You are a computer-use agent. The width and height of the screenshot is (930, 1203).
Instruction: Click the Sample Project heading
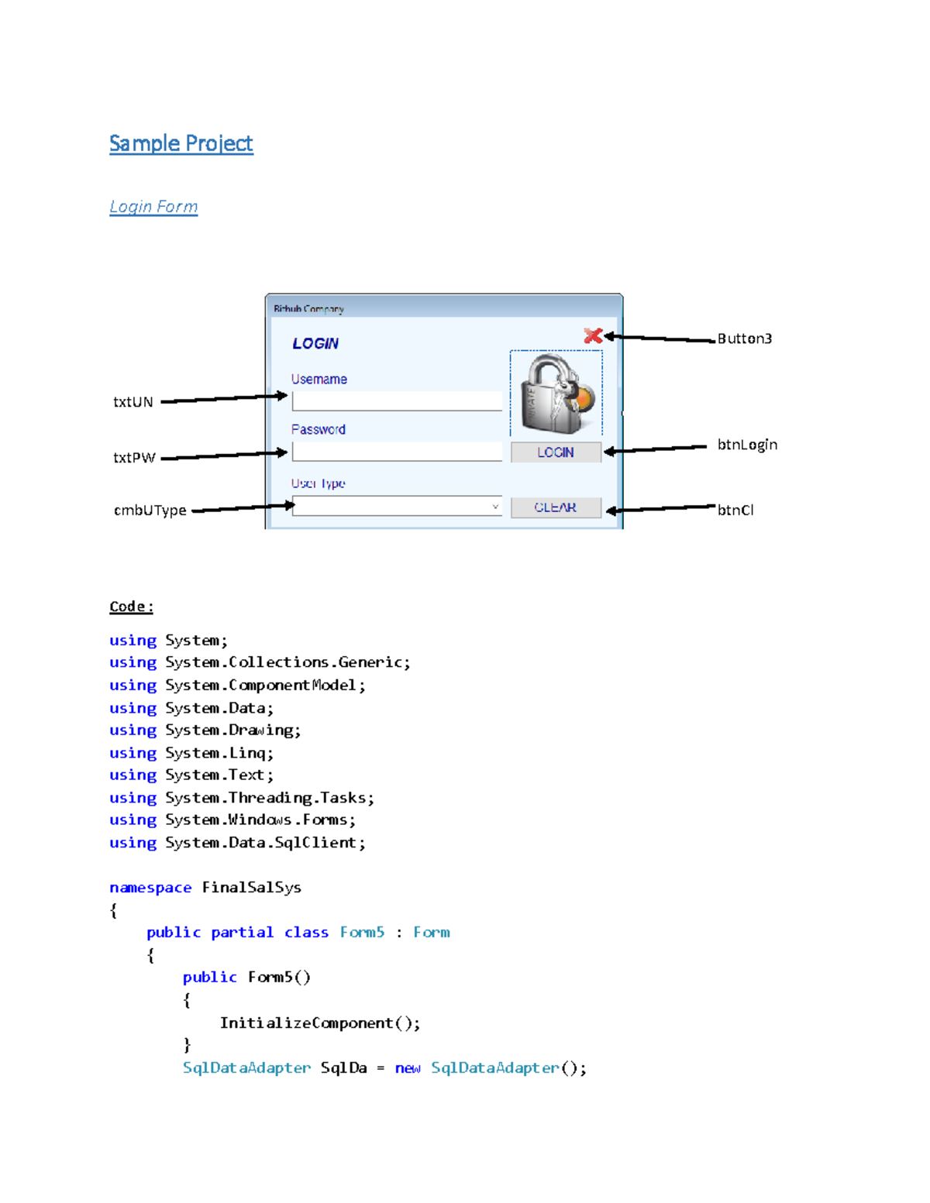(x=181, y=143)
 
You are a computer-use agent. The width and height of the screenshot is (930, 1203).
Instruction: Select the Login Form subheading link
(x=153, y=207)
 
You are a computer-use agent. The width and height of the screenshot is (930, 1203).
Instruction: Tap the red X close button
(x=593, y=335)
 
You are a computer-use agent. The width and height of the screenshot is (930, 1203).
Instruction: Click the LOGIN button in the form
(x=556, y=452)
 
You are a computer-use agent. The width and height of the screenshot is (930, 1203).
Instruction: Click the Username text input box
(x=397, y=401)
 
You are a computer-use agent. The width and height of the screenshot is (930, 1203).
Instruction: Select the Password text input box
(x=397, y=452)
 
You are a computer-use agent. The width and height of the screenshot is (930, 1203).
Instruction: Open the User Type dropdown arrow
(x=495, y=507)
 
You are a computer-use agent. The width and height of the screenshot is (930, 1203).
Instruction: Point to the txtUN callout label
(x=133, y=402)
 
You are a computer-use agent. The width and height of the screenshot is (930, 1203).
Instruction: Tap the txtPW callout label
(x=134, y=458)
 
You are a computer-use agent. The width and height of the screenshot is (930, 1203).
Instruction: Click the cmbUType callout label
(x=150, y=510)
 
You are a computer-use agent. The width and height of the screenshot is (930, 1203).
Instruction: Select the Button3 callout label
(x=744, y=339)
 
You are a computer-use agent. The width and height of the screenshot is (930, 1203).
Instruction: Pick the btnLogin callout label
(x=747, y=445)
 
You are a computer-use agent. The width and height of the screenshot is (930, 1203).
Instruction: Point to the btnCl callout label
(x=735, y=510)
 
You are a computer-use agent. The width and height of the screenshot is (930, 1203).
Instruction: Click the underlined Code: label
(x=131, y=607)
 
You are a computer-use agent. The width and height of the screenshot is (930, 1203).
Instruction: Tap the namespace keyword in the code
(x=150, y=888)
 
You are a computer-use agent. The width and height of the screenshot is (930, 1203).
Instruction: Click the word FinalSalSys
(x=251, y=888)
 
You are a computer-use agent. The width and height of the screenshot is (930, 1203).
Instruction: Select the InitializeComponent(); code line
(x=319, y=1023)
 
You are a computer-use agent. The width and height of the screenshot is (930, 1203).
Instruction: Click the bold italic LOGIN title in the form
(x=315, y=344)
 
